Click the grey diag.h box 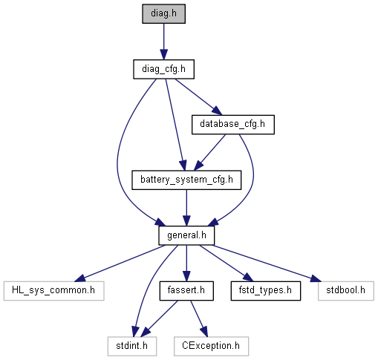[163, 13]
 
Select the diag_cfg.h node [163, 69]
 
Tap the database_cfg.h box [233, 125]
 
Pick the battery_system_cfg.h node [186, 180]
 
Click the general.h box [186, 235]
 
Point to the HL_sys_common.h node [53, 291]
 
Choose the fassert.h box [186, 291]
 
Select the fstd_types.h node [266, 291]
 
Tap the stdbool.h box [346, 291]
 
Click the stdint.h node [132, 346]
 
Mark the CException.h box [211, 346]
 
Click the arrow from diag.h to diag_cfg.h [163, 42]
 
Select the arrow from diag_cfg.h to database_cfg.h [198, 96]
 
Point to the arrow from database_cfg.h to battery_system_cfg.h [209, 152]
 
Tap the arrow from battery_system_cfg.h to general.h [186, 208]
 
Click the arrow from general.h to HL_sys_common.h [120, 264]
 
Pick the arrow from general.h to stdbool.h [267, 264]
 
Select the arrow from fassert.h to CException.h [198, 318]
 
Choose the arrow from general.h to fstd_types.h [227, 264]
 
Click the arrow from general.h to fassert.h [186, 264]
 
